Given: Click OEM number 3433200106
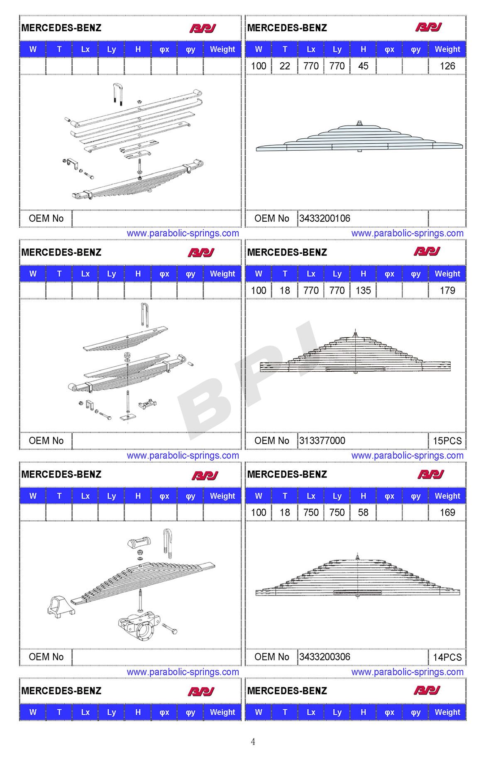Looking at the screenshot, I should (x=325, y=218).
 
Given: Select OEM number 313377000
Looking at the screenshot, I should (x=322, y=441).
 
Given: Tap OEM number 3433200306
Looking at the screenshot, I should (x=325, y=657).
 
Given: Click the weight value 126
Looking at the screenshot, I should (x=447, y=66).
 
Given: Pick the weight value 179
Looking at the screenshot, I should (x=447, y=290).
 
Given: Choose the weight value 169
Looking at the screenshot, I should (x=447, y=512).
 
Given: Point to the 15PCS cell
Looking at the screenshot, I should (x=447, y=441).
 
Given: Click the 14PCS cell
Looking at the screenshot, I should (x=447, y=657).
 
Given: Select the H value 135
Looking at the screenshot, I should (x=363, y=290).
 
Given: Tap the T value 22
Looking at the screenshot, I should (x=285, y=66).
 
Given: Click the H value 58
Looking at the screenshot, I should (x=363, y=512).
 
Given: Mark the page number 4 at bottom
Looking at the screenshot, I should (x=253, y=742).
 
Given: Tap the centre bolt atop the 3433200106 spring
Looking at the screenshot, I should (x=359, y=123).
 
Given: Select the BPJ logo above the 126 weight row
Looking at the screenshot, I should (x=428, y=27).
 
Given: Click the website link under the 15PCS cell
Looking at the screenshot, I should (x=407, y=456).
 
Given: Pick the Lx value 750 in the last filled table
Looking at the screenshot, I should (x=311, y=512).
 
